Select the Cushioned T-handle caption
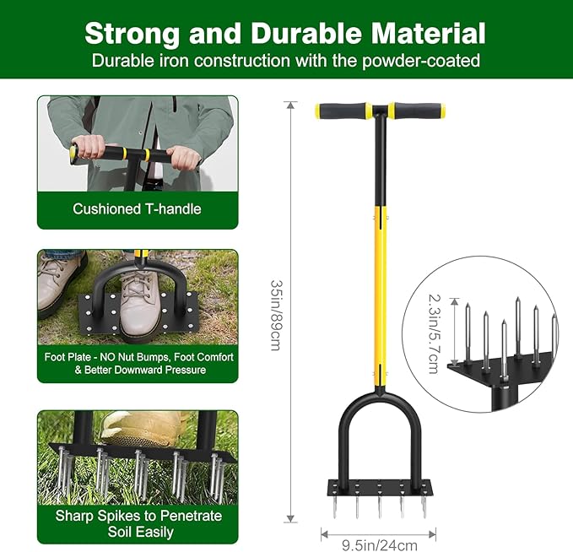[137, 208]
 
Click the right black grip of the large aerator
[417, 111]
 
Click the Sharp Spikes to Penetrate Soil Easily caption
[138, 523]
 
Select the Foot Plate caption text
[138, 363]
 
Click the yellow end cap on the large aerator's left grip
[319, 111]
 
